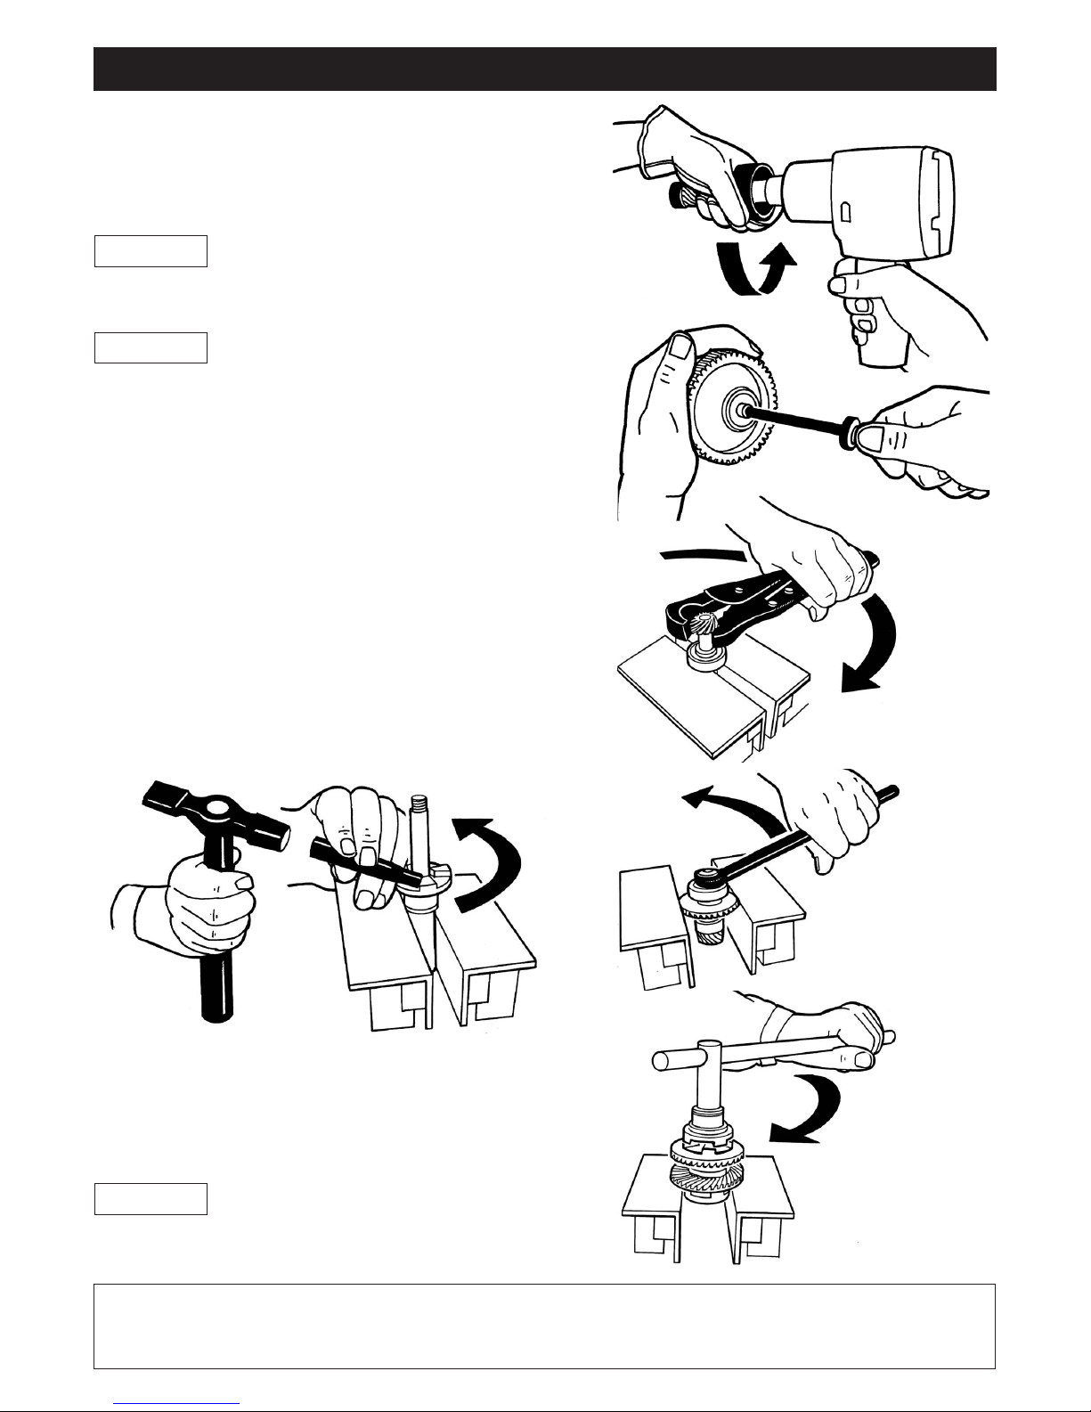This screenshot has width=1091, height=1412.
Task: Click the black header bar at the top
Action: pyautogui.click(x=544, y=69)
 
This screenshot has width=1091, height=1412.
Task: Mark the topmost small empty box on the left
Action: pyautogui.click(x=151, y=251)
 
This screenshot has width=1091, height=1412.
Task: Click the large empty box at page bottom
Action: pyautogui.click(x=544, y=1326)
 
